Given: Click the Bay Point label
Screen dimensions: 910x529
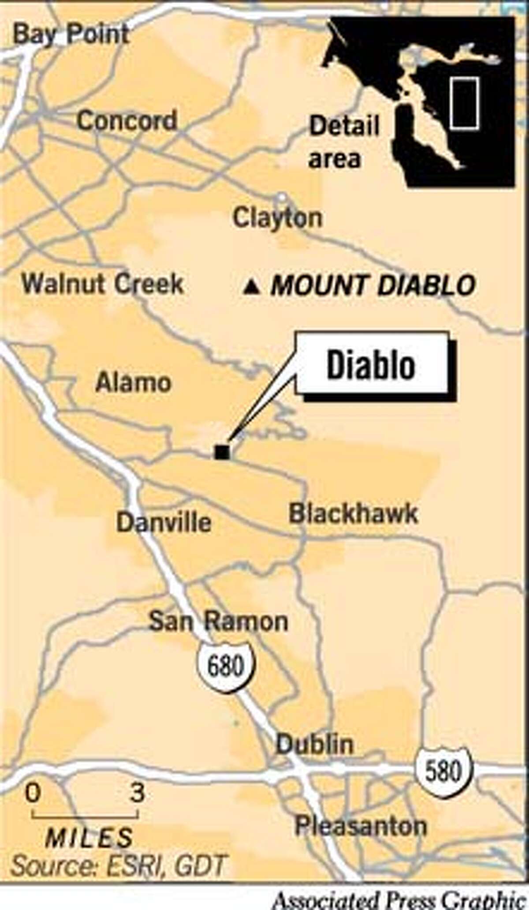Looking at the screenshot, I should pyautogui.click(x=71, y=34).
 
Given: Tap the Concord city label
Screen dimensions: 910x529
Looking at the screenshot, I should pyautogui.click(x=127, y=120).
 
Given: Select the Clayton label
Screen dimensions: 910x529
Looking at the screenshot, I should pyautogui.click(x=278, y=218).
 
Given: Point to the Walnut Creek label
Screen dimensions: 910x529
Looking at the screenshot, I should pyautogui.click(x=103, y=284).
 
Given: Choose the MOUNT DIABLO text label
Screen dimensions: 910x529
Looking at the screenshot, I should pyautogui.click(x=373, y=285).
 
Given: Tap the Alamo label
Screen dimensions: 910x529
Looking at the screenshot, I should pyautogui.click(x=133, y=382).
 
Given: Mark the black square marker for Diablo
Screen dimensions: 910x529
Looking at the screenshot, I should pyautogui.click(x=222, y=452).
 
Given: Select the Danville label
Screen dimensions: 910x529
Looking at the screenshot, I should pyautogui.click(x=164, y=522).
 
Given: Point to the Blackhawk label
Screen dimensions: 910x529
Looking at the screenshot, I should pyautogui.click(x=353, y=513).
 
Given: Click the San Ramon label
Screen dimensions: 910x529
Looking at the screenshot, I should pyautogui.click(x=219, y=621).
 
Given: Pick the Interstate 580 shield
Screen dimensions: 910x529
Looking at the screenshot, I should pyautogui.click(x=443, y=771).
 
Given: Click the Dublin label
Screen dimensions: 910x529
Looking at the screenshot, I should pyautogui.click(x=315, y=745).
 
